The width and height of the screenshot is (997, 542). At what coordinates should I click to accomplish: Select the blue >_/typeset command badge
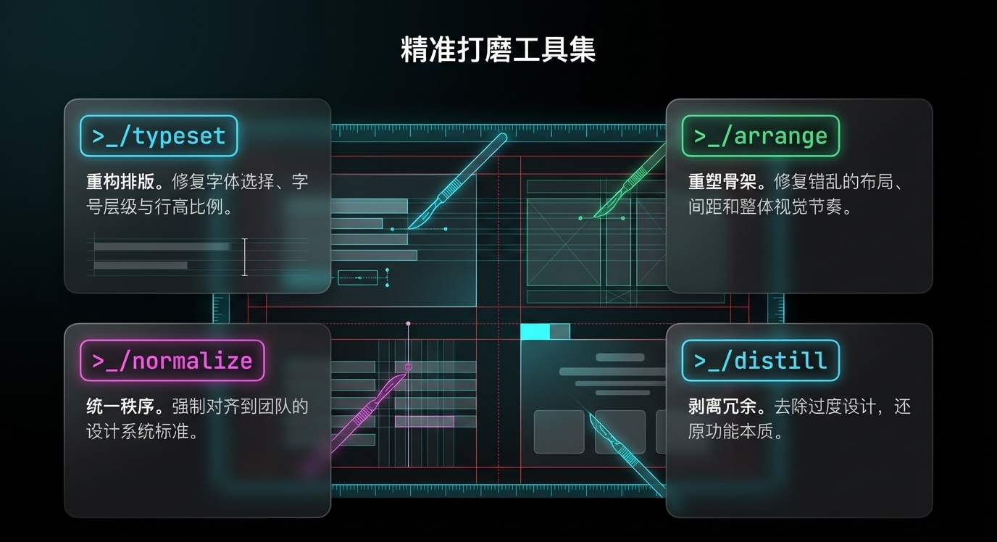[x=159, y=136]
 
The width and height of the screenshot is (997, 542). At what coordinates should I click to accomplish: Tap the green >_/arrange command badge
[x=760, y=136]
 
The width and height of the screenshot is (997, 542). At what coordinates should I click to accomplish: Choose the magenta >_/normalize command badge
[x=172, y=360]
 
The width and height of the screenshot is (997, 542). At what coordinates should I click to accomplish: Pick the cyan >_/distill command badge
[x=760, y=360]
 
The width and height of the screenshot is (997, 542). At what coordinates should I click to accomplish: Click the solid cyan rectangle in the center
[x=535, y=331]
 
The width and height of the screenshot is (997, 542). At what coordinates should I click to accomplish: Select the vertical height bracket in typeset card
[x=245, y=257]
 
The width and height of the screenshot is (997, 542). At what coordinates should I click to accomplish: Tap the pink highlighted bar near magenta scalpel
[x=424, y=421]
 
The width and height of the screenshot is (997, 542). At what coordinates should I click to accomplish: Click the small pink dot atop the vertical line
[x=408, y=323]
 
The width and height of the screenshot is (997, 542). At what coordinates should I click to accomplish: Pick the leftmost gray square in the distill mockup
[x=559, y=431]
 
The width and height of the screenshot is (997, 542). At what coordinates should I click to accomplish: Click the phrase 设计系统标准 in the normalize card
[x=141, y=433]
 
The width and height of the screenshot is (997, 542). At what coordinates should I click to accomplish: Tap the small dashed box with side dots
[x=358, y=277]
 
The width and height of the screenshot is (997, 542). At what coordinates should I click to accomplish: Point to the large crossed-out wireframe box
[x=564, y=242]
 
